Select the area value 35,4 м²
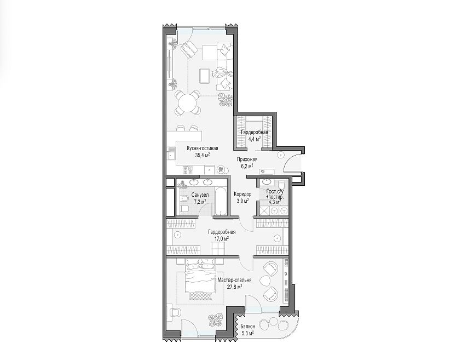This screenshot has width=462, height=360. (203, 155)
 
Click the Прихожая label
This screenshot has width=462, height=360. (247, 159)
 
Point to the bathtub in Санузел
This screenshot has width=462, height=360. (220, 202)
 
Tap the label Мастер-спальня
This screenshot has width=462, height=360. (234, 280)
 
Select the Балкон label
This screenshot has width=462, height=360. (247, 327)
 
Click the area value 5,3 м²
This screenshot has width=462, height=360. (247, 334)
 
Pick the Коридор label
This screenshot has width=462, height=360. (242, 195)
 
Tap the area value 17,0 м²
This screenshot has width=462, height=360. (222, 239)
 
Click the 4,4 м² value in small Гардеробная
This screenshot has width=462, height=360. (255, 139)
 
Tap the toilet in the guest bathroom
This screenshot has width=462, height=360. (281, 185)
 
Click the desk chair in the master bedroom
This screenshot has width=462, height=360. (176, 312)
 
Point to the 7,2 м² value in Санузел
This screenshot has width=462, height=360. (200, 202)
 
